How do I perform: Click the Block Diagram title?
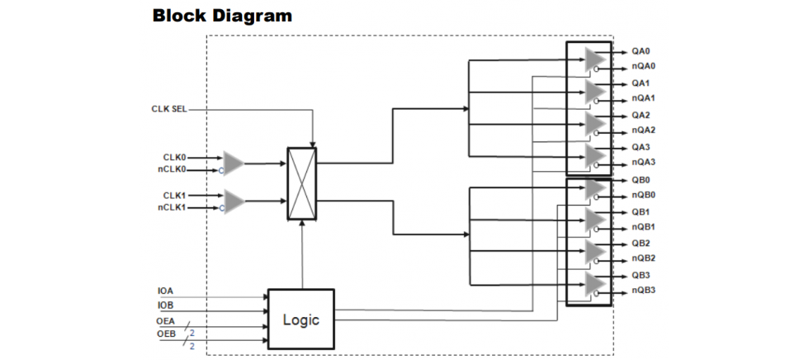(x=222, y=16)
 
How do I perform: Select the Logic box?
(x=300, y=319)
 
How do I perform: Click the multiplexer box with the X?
(x=301, y=183)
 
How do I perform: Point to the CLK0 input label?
(x=175, y=156)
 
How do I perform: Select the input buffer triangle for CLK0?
(x=234, y=163)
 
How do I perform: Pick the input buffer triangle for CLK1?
(x=234, y=201)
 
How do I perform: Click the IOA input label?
(x=166, y=291)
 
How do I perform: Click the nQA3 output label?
(x=644, y=162)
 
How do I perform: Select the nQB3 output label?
(x=644, y=290)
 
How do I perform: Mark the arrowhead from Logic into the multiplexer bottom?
(x=304, y=225)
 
